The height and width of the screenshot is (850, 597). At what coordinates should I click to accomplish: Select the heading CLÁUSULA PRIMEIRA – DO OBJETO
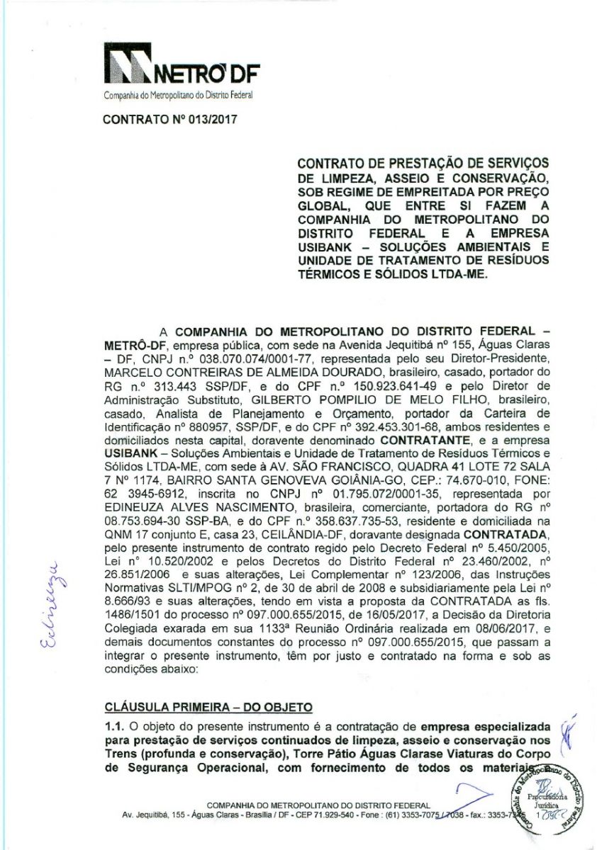(207, 707)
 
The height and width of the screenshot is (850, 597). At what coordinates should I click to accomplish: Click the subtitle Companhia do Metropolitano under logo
(177, 94)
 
